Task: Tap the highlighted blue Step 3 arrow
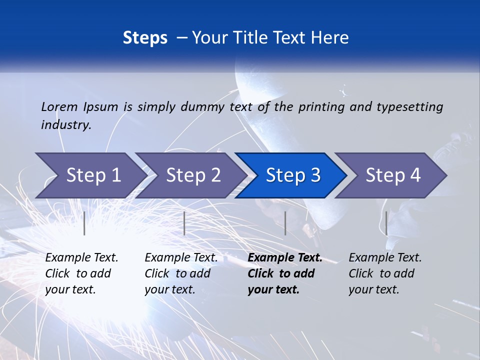pyautogui.click(x=292, y=175)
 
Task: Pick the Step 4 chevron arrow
pyautogui.click(x=392, y=175)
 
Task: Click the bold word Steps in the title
pyautogui.click(x=145, y=38)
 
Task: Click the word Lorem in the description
pyautogui.click(x=59, y=106)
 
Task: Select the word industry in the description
pyautogui.click(x=66, y=124)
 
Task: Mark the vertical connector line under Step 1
pyautogui.click(x=84, y=223)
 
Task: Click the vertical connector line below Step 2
pyautogui.click(x=184, y=223)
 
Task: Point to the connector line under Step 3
pyautogui.click(x=285, y=223)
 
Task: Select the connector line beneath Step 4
pyautogui.click(x=386, y=223)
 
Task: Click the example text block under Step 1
pyautogui.click(x=81, y=273)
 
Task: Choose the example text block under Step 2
pyautogui.click(x=181, y=273)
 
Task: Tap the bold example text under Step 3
pyautogui.click(x=285, y=273)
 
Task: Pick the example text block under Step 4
pyautogui.click(x=385, y=273)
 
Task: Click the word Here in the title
pyautogui.click(x=329, y=38)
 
